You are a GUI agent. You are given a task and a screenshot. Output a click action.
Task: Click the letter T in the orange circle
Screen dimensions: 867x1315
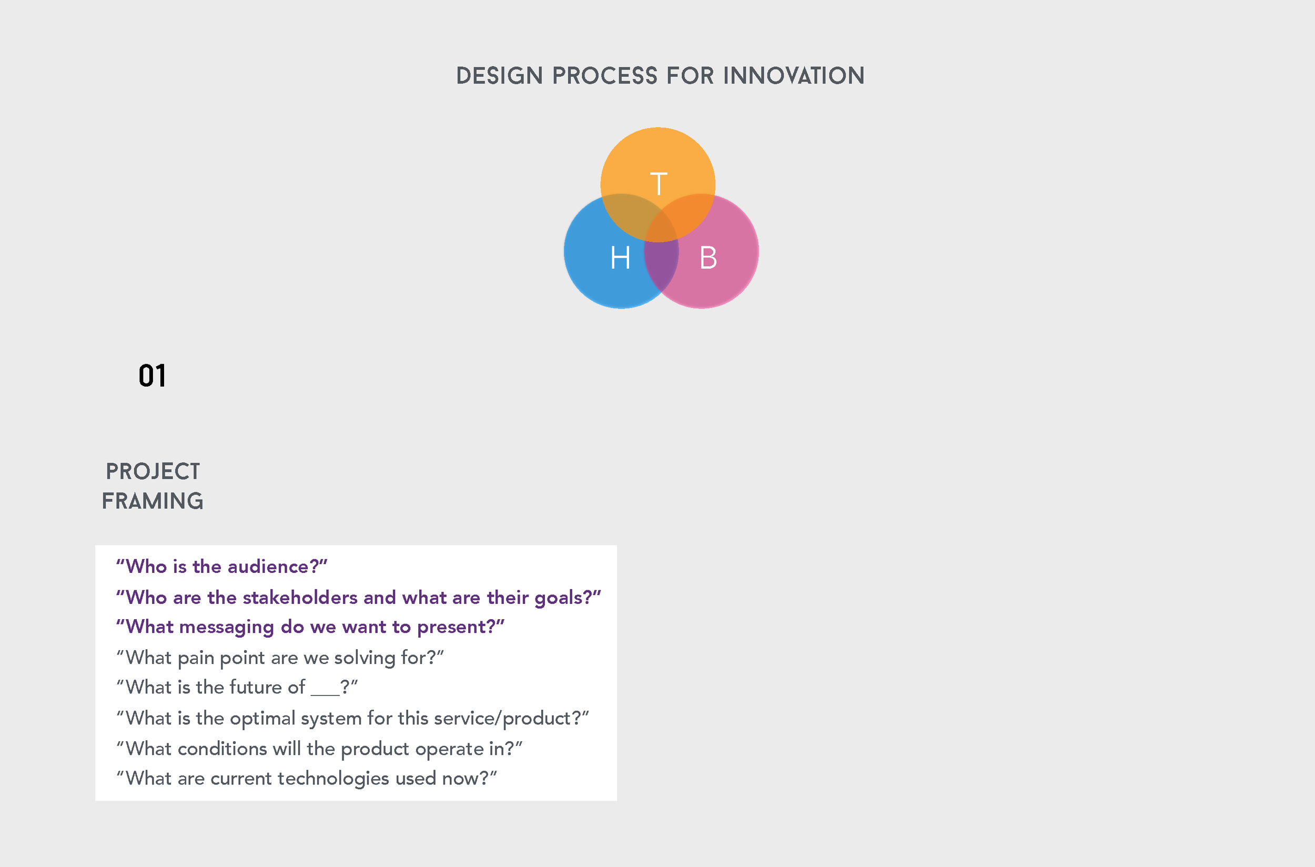659,184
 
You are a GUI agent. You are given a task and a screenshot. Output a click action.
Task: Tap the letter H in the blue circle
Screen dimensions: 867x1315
620,258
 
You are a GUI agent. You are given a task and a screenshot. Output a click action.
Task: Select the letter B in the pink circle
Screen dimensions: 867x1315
708,258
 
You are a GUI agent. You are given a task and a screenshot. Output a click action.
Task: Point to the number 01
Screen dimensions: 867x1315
152,376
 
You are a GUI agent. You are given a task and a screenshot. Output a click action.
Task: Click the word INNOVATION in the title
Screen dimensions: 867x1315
794,76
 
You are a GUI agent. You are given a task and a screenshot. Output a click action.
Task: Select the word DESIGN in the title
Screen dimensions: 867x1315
499,76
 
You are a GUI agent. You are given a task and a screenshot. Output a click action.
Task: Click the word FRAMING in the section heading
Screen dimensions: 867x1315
153,501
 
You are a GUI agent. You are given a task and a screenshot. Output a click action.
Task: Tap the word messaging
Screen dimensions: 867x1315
227,627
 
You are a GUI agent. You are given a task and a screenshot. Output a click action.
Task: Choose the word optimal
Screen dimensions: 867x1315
262,718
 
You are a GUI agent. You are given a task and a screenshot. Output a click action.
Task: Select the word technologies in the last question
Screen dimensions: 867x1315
333,779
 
